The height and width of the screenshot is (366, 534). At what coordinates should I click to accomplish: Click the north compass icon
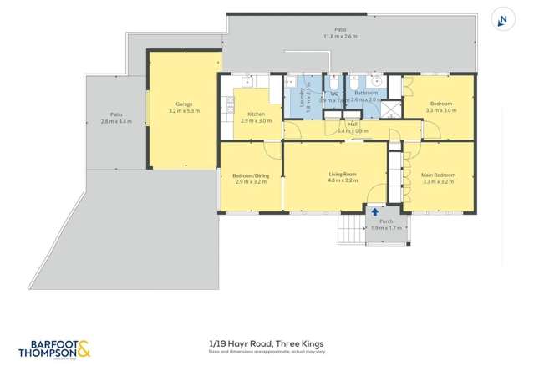pos(503,20)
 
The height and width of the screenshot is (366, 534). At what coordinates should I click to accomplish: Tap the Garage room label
pos(184,104)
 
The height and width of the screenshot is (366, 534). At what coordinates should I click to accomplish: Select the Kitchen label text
pos(256,114)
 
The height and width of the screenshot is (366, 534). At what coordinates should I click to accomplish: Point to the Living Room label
pos(342,174)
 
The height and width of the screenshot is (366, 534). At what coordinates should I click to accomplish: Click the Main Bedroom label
pos(438,175)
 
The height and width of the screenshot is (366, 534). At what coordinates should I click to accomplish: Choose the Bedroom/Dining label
pos(251,175)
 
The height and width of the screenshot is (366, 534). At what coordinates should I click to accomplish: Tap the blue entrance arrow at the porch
pos(375,212)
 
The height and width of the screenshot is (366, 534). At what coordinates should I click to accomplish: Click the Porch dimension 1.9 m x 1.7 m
pos(386,228)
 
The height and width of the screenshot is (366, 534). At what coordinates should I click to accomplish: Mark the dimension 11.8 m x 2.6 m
pos(340,37)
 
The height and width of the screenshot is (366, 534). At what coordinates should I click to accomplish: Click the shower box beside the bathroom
pos(390,109)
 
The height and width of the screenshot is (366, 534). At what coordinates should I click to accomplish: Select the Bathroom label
pos(366,93)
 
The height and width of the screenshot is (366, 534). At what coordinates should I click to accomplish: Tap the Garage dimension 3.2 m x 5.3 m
pos(184,111)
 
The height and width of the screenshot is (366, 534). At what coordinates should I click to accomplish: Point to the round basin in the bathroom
pos(378,81)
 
